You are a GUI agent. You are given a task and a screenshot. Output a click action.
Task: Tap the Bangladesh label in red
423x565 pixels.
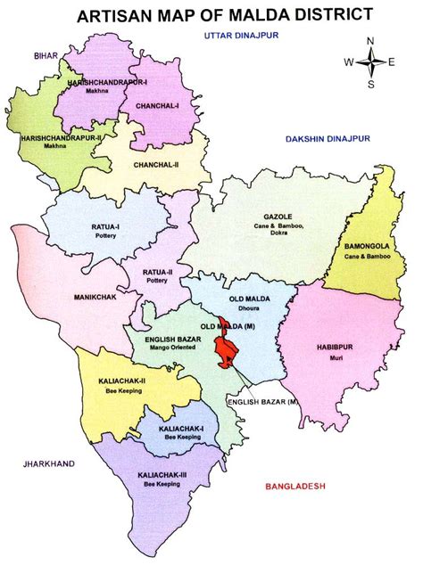pyautogui.click(x=295, y=486)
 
